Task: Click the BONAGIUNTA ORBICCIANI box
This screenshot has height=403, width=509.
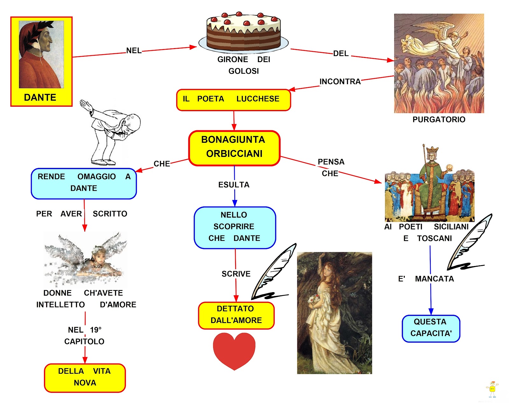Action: click(234, 148)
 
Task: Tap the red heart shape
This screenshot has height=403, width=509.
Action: click(234, 350)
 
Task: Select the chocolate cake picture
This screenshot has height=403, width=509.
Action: click(243, 32)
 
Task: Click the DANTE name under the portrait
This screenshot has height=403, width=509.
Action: click(40, 97)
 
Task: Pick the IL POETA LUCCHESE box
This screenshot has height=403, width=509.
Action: click(233, 99)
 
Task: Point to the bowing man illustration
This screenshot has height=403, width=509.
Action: click(111, 134)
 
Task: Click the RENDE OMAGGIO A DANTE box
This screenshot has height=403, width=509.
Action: click(84, 183)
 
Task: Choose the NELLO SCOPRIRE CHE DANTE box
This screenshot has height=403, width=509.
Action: click(234, 227)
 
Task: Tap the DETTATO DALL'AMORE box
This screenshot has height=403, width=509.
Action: click(236, 315)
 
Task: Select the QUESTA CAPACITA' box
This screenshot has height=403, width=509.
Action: click(431, 328)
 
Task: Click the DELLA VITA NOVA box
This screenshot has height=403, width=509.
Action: click(85, 377)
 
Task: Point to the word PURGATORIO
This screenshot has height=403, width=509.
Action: click(439, 120)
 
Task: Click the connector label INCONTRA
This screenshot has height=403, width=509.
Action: click(340, 82)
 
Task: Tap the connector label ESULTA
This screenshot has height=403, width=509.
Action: click(234, 185)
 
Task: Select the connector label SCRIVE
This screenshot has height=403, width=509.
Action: click(236, 274)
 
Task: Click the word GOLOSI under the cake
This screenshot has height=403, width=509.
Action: click(244, 71)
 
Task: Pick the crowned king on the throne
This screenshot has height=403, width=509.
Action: click(431, 178)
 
